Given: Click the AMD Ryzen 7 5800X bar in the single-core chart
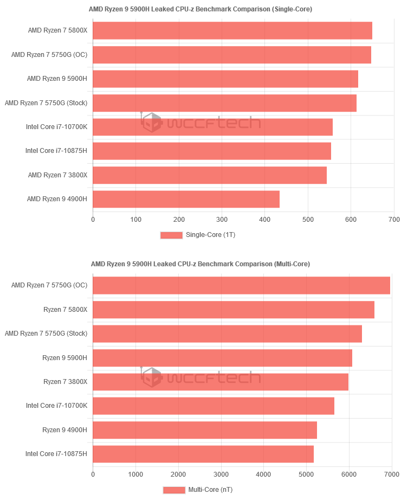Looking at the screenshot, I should pyautogui.click(x=232, y=31).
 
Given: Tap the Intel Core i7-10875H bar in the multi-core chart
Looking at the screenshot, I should pyautogui.click(x=203, y=454).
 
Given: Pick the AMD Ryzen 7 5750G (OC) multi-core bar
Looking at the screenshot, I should pyautogui.click(x=241, y=285).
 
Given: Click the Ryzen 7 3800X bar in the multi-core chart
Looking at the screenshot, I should pyautogui.click(x=221, y=382).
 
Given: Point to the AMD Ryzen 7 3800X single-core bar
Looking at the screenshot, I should pyautogui.click(x=210, y=175).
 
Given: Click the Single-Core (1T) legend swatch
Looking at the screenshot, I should pyautogui.click(x=171, y=235).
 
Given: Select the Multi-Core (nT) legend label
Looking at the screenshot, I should pyautogui.click(x=210, y=490).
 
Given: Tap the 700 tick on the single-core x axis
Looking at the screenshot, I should pyautogui.click(x=394, y=220).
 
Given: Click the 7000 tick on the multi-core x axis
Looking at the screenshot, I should pyautogui.click(x=391, y=474).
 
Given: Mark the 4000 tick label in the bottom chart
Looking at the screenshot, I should pyautogui.click(x=263, y=474).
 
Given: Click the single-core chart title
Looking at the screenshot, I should pyautogui.click(x=200, y=9).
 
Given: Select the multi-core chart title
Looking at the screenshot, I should pyautogui.click(x=200, y=264).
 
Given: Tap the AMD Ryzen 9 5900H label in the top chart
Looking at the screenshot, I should pyautogui.click(x=57, y=79).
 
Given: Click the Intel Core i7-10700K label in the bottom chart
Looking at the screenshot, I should pyautogui.click(x=56, y=406).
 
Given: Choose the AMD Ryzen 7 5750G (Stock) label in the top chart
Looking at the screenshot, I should pyautogui.click(x=46, y=102).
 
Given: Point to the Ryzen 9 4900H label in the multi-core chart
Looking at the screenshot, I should pyautogui.click(x=64, y=430).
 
